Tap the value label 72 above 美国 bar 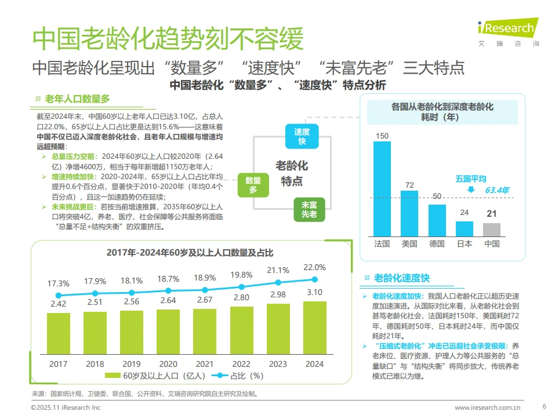click(x=409, y=185)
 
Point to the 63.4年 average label click(x=497, y=190)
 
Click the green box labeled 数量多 click(x=253, y=185)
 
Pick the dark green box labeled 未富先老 click(x=309, y=209)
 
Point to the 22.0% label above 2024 click(x=314, y=267)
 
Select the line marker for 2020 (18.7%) click(x=168, y=290)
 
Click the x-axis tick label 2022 click(x=241, y=364)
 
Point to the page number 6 click(x=544, y=406)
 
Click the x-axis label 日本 click(x=464, y=243)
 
